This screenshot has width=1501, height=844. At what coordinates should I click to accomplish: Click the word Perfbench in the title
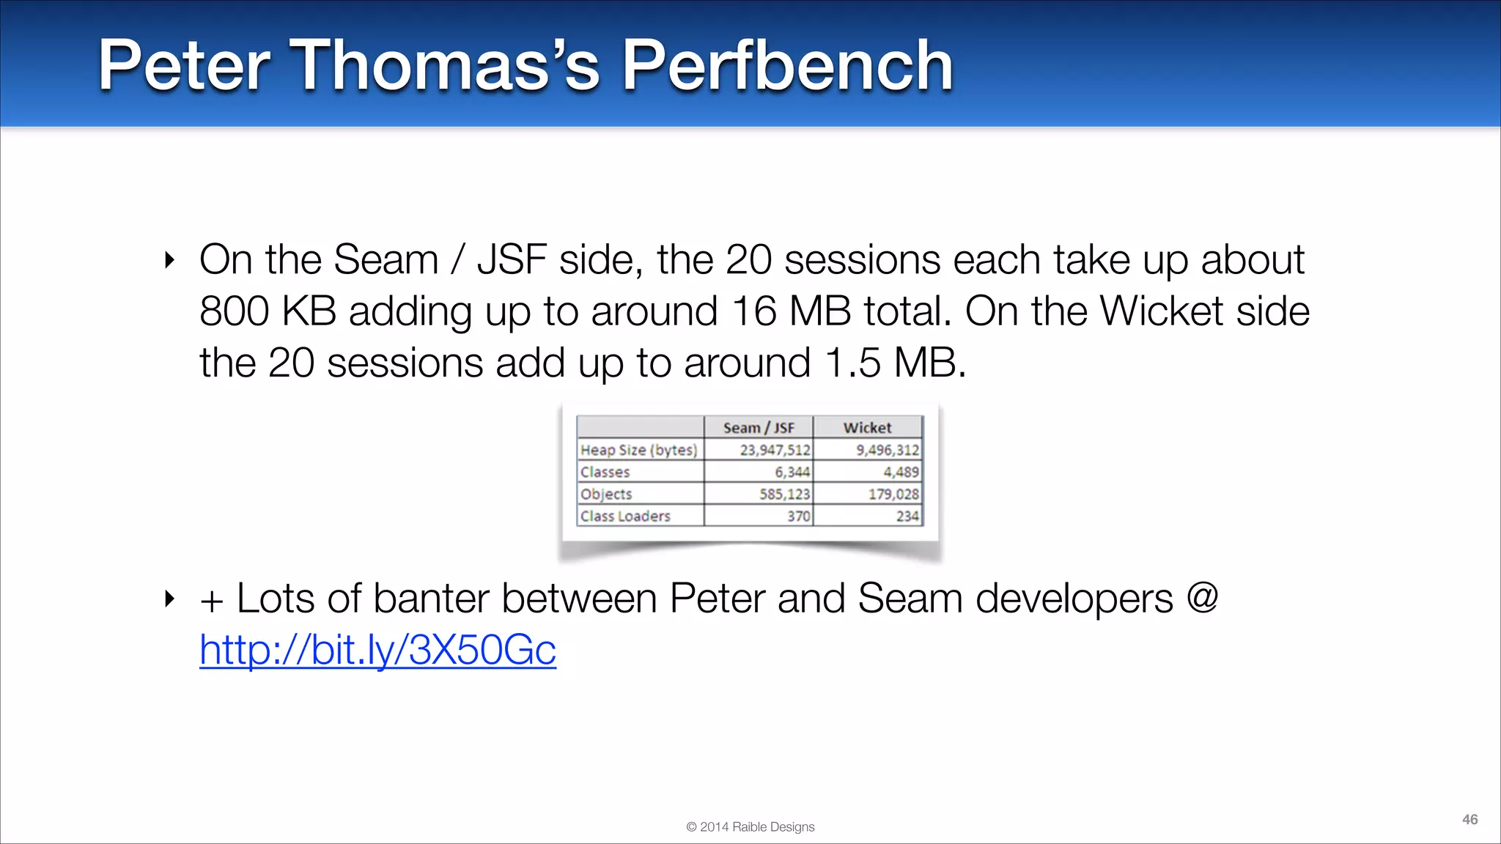(787, 66)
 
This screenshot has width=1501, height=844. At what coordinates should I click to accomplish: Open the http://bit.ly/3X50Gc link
(377, 649)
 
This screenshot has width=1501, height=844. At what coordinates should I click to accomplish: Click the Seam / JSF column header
(759, 428)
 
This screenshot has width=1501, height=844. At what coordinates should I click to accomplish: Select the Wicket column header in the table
(867, 428)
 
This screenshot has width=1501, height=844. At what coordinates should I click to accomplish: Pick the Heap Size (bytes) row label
(639, 450)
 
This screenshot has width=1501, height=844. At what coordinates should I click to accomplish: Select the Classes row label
(605, 472)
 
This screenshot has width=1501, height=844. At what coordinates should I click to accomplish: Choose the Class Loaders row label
(625, 516)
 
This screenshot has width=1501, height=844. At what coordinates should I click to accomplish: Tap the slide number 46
(1469, 819)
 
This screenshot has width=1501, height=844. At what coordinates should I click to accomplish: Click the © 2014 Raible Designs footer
(750, 826)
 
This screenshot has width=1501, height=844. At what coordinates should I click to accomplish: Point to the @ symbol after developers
(1202, 598)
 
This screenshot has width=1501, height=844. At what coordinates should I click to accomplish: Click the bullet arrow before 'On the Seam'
(170, 260)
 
